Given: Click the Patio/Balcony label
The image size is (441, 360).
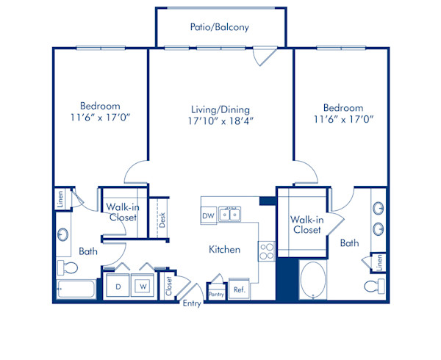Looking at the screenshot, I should pyautogui.click(x=219, y=27).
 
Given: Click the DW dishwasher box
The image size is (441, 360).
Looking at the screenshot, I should pyautogui.click(x=209, y=215).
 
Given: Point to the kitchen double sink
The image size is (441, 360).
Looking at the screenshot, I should pyautogui.click(x=232, y=214).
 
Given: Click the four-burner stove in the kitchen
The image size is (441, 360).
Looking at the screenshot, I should pyautogui.click(x=266, y=251).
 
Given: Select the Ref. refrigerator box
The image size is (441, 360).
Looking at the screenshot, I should pyautogui.click(x=240, y=289).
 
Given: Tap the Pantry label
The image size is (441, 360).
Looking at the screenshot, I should pyautogui.click(x=216, y=294).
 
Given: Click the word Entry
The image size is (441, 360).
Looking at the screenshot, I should pyautogui.click(x=192, y=303).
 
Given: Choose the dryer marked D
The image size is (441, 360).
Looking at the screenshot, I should pyautogui.click(x=117, y=285).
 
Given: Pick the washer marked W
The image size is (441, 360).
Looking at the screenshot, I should pyautogui.click(x=143, y=285).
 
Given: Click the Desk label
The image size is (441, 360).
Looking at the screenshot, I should pyautogui.click(x=162, y=220).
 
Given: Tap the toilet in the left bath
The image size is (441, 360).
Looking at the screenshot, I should pyautogui.click(x=64, y=267).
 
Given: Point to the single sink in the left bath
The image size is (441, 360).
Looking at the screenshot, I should pyautogui.click(x=63, y=235).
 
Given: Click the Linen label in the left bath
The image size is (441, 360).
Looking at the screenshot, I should pyautogui.click(x=59, y=199).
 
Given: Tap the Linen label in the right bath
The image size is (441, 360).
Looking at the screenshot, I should pyautogui.click(x=379, y=261).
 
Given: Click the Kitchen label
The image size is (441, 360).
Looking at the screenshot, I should pyautogui.click(x=224, y=250).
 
